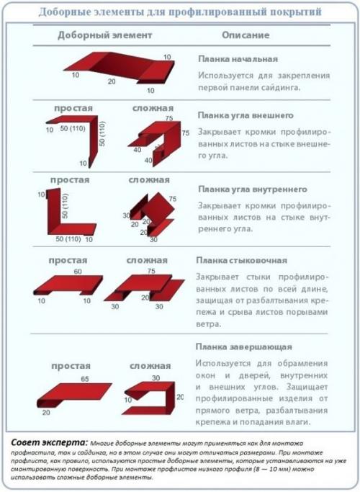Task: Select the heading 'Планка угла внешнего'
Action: pyautogui.click(x=243, y=115)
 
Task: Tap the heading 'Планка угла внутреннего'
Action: pyautogui.click(x=248, y=189)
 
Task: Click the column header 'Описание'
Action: pyautogui.click(x=245, y=35)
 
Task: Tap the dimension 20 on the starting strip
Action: pyautogui.click(x=112, y=81)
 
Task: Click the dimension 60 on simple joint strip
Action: pyautogui.click(x=77, y=272)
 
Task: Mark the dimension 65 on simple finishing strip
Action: pyautogui.click(x=84, y=378)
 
